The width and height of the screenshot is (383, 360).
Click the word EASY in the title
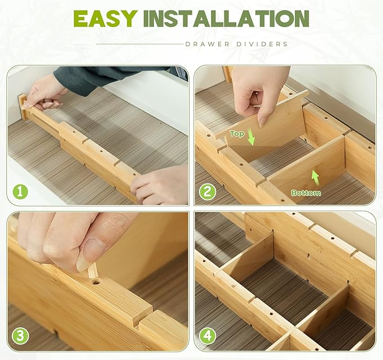(105, 19)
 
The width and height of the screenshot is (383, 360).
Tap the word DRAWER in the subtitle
(207, 44)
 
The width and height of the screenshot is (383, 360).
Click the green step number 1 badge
(20, 192)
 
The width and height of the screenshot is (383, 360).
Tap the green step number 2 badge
(208, 192)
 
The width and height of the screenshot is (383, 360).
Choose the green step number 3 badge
(20, 336)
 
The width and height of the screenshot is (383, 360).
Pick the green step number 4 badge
(208, 336)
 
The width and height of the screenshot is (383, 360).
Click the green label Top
(237, 133)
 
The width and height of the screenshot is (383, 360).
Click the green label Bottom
(306, 193)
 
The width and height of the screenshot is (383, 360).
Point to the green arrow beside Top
(251, 137)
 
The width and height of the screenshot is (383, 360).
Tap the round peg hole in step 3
(96, 283)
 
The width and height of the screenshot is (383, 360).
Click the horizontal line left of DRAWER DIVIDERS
(139, 44)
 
